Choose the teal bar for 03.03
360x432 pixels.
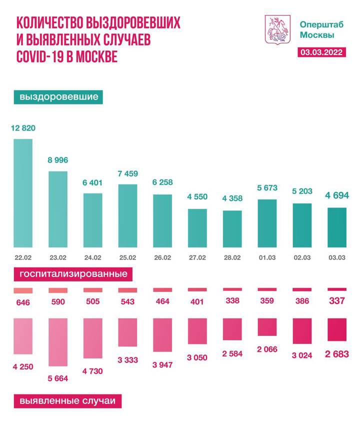coord(336,228)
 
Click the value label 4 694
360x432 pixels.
coord(336,195)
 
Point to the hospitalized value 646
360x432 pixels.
coord(23,302)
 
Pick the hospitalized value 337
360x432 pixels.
coord(336,301)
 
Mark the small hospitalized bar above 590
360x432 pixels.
coord(57,290)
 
